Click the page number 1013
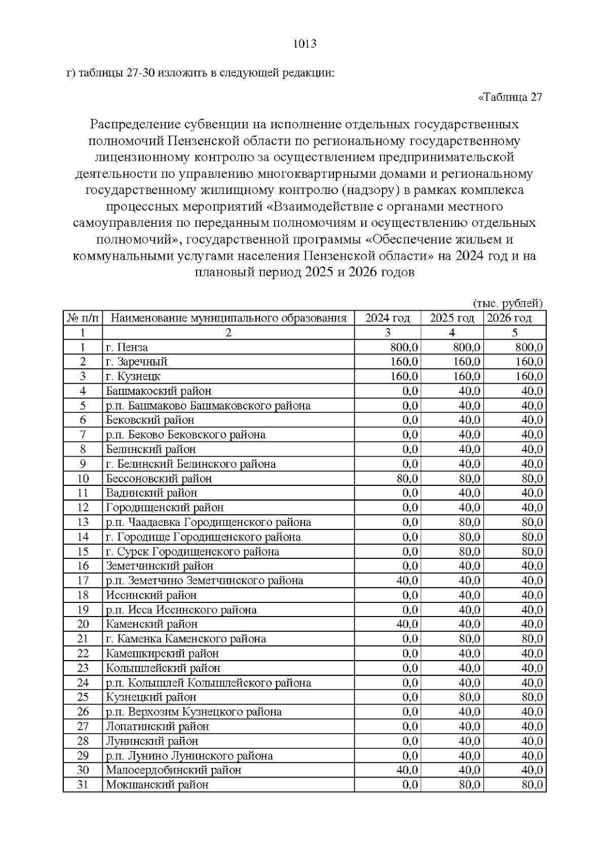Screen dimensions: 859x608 (305, 44)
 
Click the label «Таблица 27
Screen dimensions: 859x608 (510, 97)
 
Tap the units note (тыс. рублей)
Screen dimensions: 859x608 (508, 304)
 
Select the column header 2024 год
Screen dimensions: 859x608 (388, 318)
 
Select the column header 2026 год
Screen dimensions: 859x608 (509, 318)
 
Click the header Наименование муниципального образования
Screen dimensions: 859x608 (229, 318)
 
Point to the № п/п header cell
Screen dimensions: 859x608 (83, 318)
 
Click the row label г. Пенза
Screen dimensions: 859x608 (127, 347)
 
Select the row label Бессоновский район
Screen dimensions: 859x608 (159, 479)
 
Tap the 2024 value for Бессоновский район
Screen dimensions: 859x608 (407, 479)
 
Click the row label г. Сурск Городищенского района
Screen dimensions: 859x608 (193, 552)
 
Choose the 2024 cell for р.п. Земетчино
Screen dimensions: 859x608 (407, 581)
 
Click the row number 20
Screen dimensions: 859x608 (83, 625)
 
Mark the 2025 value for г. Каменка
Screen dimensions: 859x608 (469, 639)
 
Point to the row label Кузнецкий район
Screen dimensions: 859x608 (151, 698)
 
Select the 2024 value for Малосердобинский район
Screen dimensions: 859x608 (407, 770)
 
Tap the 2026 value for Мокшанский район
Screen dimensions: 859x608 (532, 785)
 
